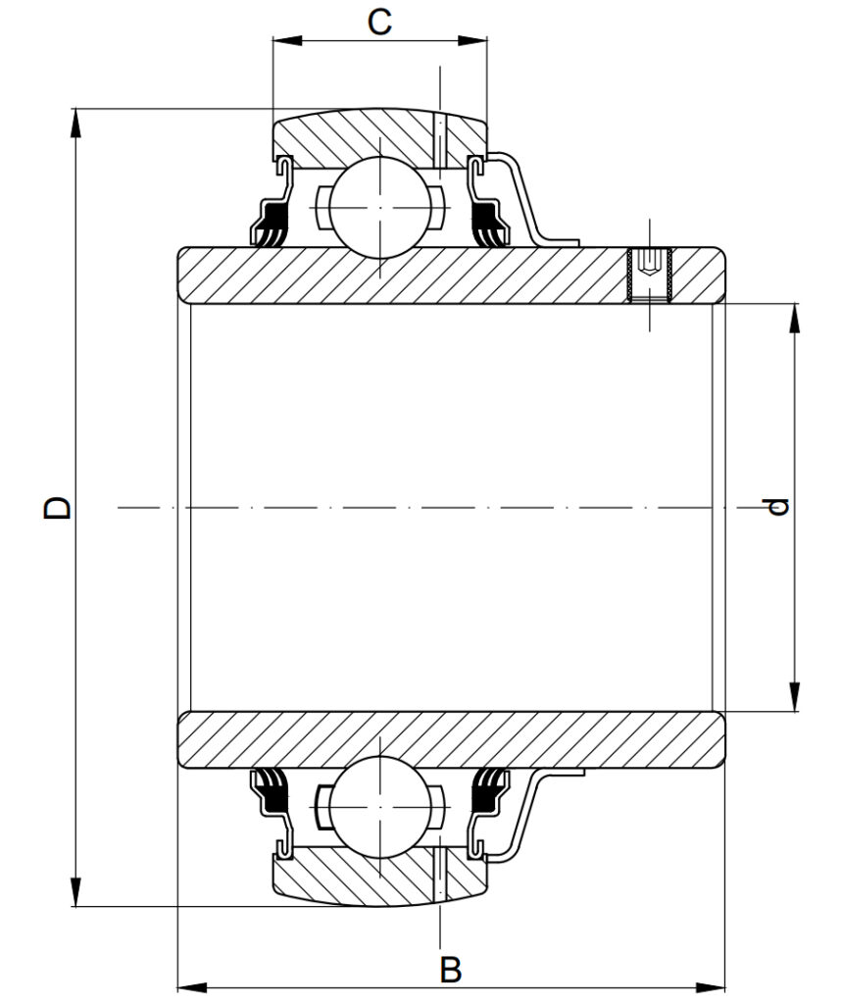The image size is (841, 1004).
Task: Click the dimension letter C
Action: [379, 23]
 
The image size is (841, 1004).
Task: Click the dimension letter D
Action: [58, 507]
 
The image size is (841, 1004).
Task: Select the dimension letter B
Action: [451, 970]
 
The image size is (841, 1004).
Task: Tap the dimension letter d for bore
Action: [778, 507]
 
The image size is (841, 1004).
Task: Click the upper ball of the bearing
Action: [380, 208]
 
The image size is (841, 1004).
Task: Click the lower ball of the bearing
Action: [380, 807]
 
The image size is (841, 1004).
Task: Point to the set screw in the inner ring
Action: [650, 275]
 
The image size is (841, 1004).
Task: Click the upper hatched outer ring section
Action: [380, 138]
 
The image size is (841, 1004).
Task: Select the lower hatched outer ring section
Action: [380, 876]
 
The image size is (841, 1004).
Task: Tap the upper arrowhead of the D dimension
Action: [75, 123]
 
